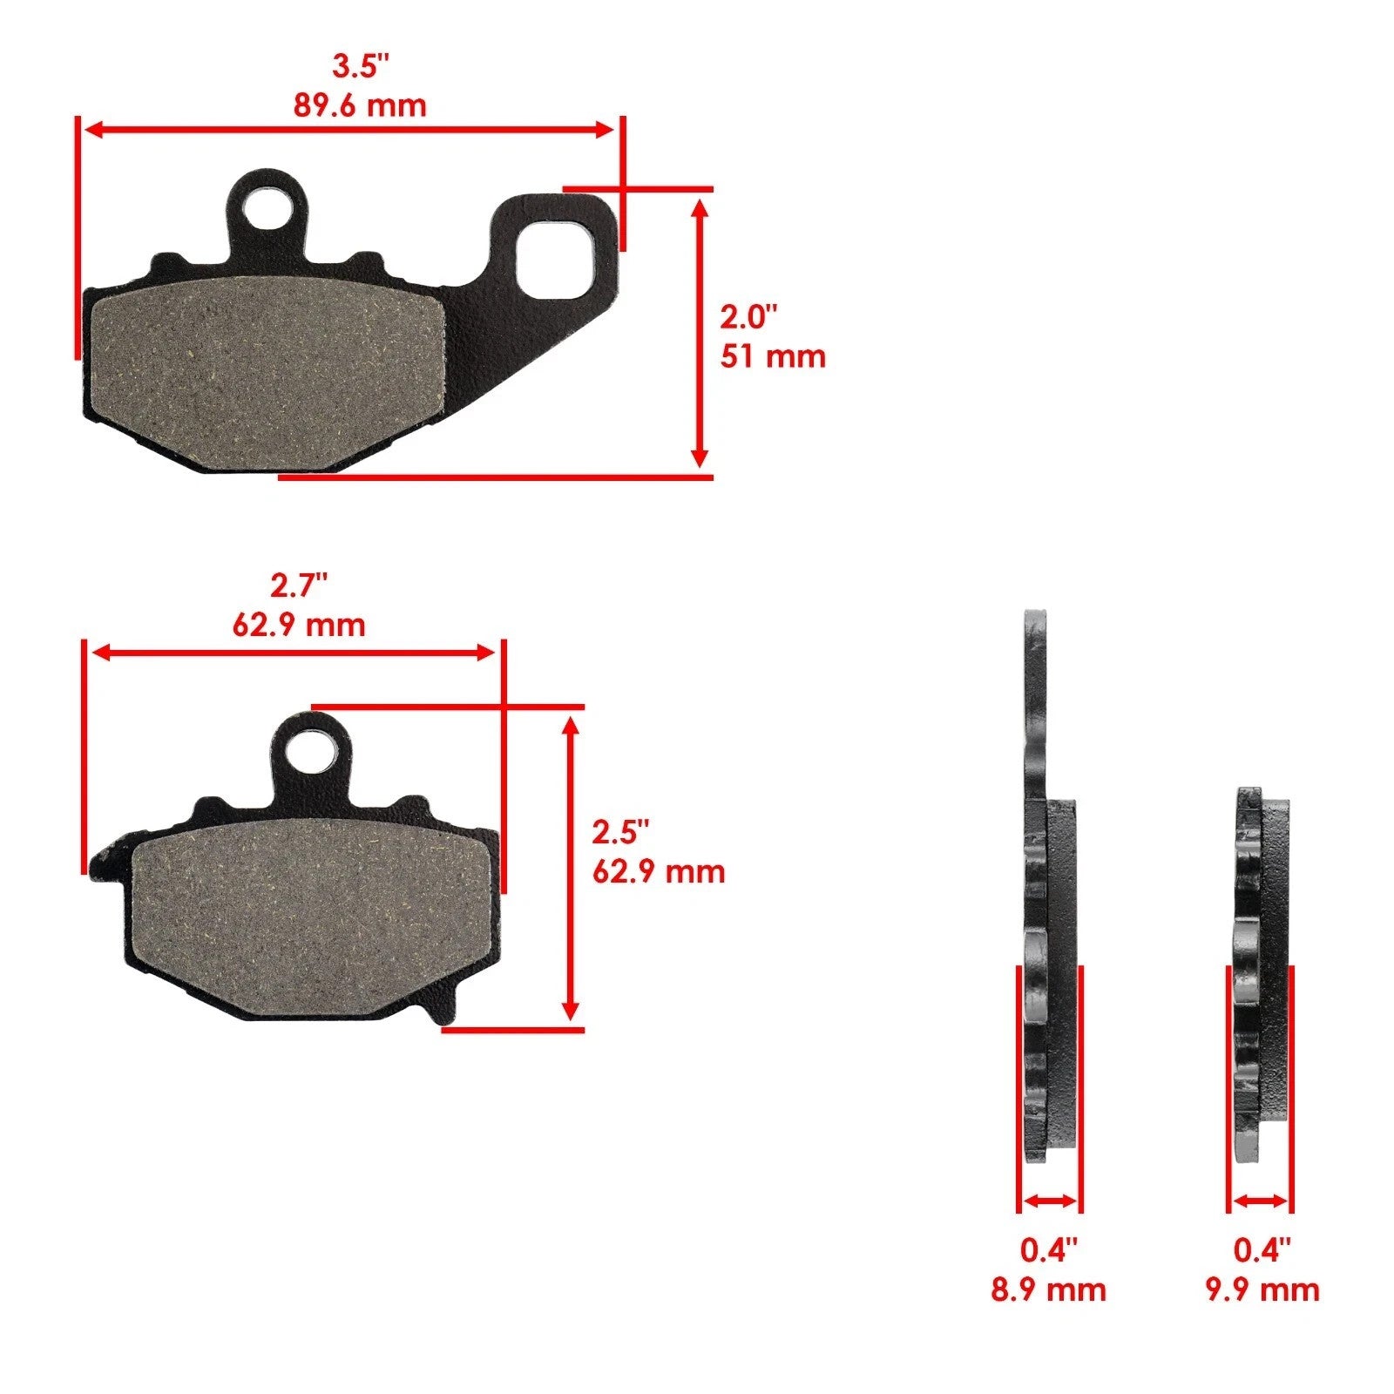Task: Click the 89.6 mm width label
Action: click(x=360, y=105)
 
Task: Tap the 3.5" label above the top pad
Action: click(x=360, y=65)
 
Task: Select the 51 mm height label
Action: click(x=772, y=356)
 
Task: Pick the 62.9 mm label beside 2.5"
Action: click(x=659, y=872)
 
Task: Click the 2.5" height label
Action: click(x=621, y=832)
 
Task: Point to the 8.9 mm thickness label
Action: click(x=1048, y=1289)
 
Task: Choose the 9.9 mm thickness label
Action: click(x=1262, y=1289)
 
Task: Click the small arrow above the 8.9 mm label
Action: click(x=1049, y=1201)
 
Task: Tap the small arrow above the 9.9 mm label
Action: click(x=1261, y=1201)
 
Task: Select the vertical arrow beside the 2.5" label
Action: click(x=571, y=868)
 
